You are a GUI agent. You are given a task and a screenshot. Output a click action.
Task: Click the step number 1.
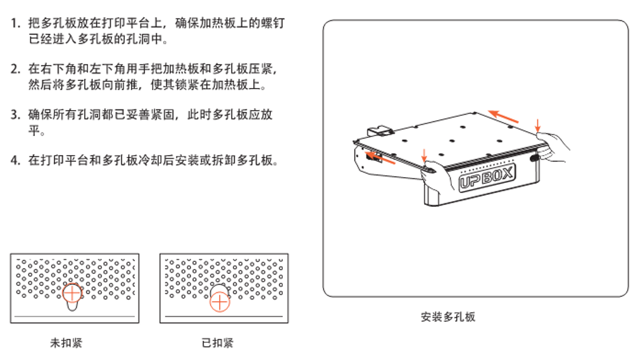15,23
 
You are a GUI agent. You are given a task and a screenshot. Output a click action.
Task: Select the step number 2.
15,69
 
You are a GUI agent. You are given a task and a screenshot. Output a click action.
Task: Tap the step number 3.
15,115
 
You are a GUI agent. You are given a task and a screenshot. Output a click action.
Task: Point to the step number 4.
15,160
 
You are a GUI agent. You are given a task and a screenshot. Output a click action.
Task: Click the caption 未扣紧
66,343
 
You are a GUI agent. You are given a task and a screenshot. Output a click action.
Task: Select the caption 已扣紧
218,343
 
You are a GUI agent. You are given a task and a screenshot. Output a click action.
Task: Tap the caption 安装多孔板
448,316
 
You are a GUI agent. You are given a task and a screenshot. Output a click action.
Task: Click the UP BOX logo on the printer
487,177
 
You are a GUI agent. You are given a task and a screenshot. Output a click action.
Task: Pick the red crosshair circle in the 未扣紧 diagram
72,293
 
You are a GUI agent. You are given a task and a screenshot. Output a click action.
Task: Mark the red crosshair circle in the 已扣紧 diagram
220,302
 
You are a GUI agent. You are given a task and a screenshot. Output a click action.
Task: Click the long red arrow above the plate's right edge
503,116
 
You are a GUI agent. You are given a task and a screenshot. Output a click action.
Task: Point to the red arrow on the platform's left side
380,159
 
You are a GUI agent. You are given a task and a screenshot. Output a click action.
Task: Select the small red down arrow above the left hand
424,156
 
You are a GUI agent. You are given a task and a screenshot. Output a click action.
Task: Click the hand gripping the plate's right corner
552,147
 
